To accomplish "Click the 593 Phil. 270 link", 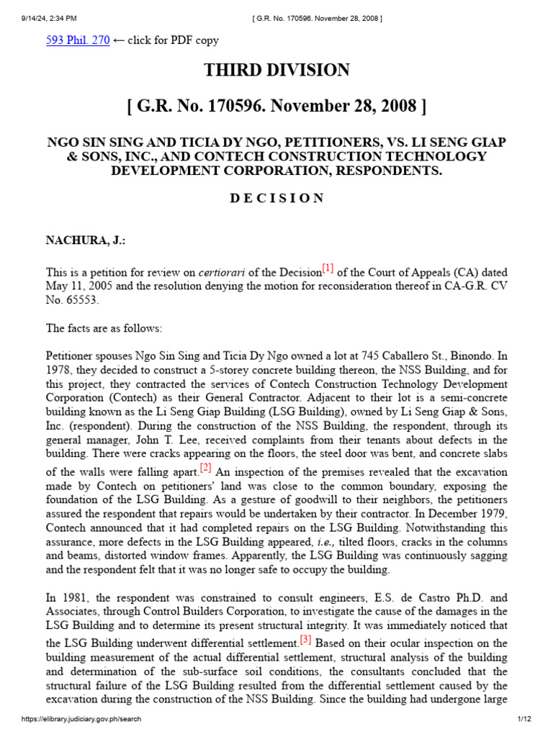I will pos(78,40).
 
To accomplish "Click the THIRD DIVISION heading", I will pos(276,71).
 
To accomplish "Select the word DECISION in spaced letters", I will pos(276,199).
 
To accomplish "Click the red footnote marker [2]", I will pos(206,469).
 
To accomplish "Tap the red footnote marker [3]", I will pos(305,639).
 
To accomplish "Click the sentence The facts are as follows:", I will pos(104,328).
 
